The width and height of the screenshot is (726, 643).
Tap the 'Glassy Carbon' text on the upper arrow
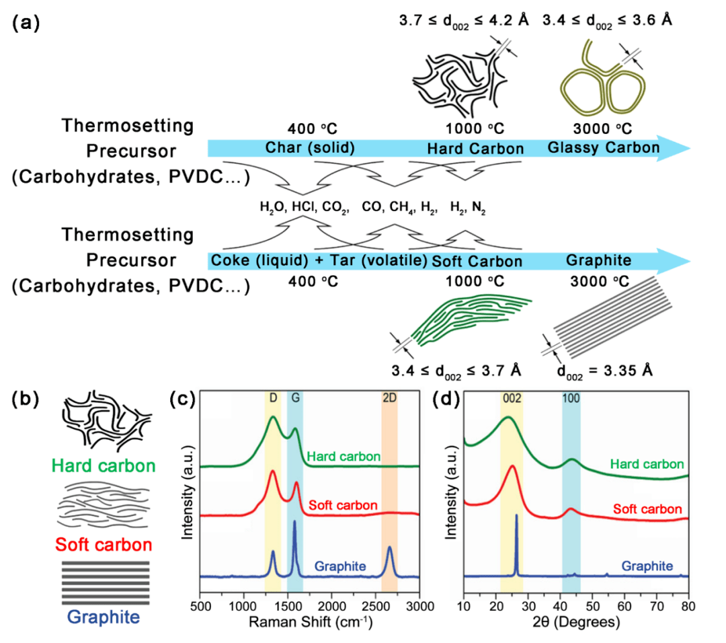603,148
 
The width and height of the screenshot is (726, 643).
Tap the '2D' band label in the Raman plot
389,397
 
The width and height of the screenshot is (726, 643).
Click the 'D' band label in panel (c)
273,397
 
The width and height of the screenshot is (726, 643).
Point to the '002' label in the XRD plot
511,397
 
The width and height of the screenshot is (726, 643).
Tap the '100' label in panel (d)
571,397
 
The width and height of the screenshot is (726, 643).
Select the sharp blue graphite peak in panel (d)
516,538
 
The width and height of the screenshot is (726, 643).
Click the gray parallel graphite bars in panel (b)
106,582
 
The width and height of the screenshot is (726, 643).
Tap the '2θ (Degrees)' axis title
576,622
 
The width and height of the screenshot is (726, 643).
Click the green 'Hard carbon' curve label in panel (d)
647,464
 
